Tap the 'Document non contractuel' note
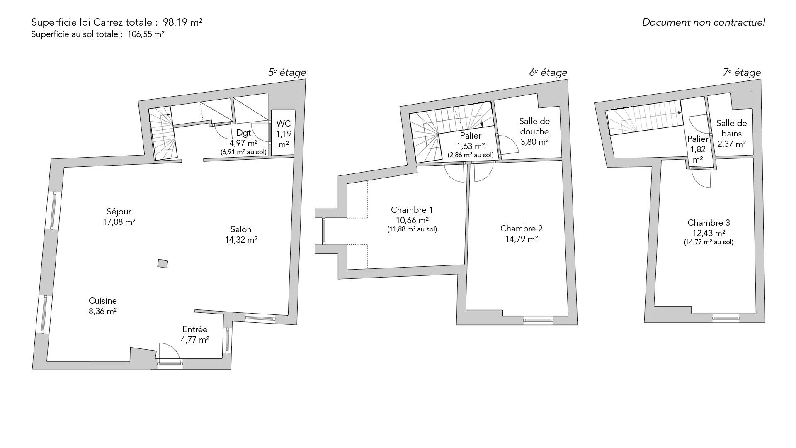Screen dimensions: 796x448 (x=704, y=22)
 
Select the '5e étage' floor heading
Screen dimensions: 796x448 (x=287, y=73)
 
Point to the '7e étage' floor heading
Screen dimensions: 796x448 (x=742, y=73)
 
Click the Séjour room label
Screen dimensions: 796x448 (x=119, y=212)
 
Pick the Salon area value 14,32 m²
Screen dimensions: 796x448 (x=241, y=240)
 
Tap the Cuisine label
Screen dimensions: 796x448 (x=103, y=301)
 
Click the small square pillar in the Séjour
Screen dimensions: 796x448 (x=163, y=263)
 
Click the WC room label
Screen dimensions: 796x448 (x=284, y=124)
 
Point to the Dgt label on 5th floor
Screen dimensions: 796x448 (x=244, y=133)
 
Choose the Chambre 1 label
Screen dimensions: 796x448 (x=412, y=210)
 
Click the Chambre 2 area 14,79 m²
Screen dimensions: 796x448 (x=522, y=239)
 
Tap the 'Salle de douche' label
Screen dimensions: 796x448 (x=535, y=127)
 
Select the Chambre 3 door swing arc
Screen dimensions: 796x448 (x=701, y=178)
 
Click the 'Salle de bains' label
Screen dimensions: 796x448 (x=732, y=129)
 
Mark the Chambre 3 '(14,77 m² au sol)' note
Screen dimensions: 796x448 (x=709, y=242)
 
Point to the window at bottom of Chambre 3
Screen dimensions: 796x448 (x=726, y=319)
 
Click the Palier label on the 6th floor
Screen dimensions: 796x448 (x=471, y=136)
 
